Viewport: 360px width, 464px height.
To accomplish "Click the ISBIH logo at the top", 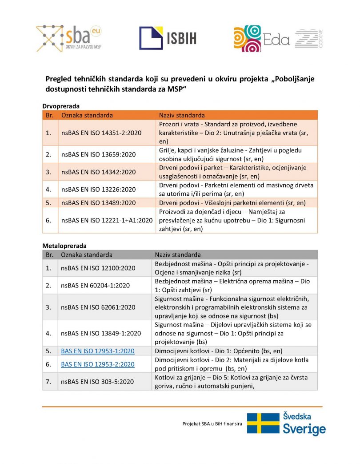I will pos(168,38).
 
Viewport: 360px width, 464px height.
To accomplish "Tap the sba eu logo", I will pos(69,38).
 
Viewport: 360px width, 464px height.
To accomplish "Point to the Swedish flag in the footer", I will pos(263,423).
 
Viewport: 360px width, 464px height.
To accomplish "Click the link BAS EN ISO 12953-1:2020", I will pos(97,351).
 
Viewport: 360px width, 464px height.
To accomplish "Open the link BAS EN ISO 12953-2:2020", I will pos(97,364).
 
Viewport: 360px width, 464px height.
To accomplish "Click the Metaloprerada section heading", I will pos(64,246).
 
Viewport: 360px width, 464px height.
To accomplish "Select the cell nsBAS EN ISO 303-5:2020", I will pos(97,381).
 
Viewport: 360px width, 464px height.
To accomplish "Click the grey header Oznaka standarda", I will pos(87,255).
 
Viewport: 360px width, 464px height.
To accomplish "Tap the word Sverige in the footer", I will pos(304,429).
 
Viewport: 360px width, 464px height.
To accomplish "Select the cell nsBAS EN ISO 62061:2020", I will pos(98,307).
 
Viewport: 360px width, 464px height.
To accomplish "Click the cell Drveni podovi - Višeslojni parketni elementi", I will pos(232,202).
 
